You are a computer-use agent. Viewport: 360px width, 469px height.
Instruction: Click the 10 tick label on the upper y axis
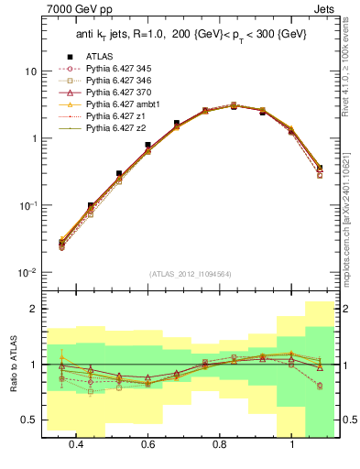pyautogui.click(x=30, y=71)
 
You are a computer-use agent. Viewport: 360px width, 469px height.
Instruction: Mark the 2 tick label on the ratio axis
pyautogui.click(x=34, y=310)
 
